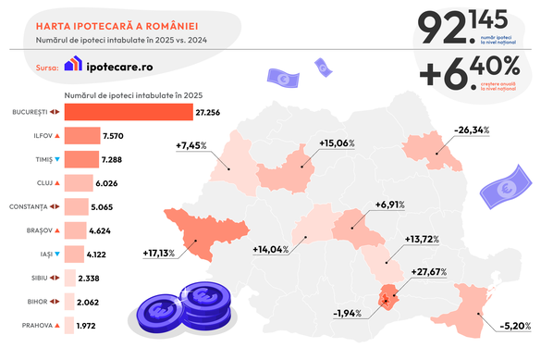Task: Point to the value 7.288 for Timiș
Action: point(114,159)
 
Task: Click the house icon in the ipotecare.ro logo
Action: point(73,65)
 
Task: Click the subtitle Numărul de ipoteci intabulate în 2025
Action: point(133,95)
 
